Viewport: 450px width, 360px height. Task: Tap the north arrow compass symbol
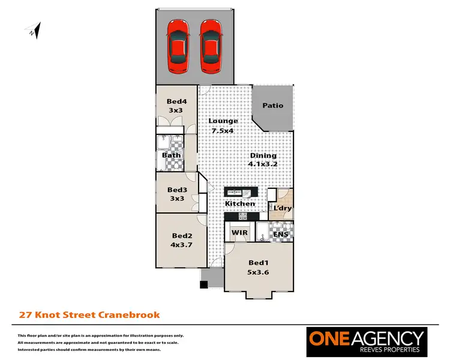point(34,30)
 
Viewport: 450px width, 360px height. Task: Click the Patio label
point(273,106)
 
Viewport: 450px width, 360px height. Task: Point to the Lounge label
point(223,121)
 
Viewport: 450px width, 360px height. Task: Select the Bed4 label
point(176,101)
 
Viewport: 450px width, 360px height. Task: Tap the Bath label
point(172,155)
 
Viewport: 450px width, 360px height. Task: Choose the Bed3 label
point(177,190)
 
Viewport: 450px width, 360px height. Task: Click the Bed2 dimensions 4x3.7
point(181,244)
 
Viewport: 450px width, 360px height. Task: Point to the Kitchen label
point(239,204)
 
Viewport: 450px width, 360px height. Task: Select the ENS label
point(280,233)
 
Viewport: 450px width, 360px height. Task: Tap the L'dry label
point(282,208)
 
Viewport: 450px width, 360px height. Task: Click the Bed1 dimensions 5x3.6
point(259,271)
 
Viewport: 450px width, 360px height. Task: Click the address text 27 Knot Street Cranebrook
point(89,314)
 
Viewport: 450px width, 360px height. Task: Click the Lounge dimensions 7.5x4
point(222,130)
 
